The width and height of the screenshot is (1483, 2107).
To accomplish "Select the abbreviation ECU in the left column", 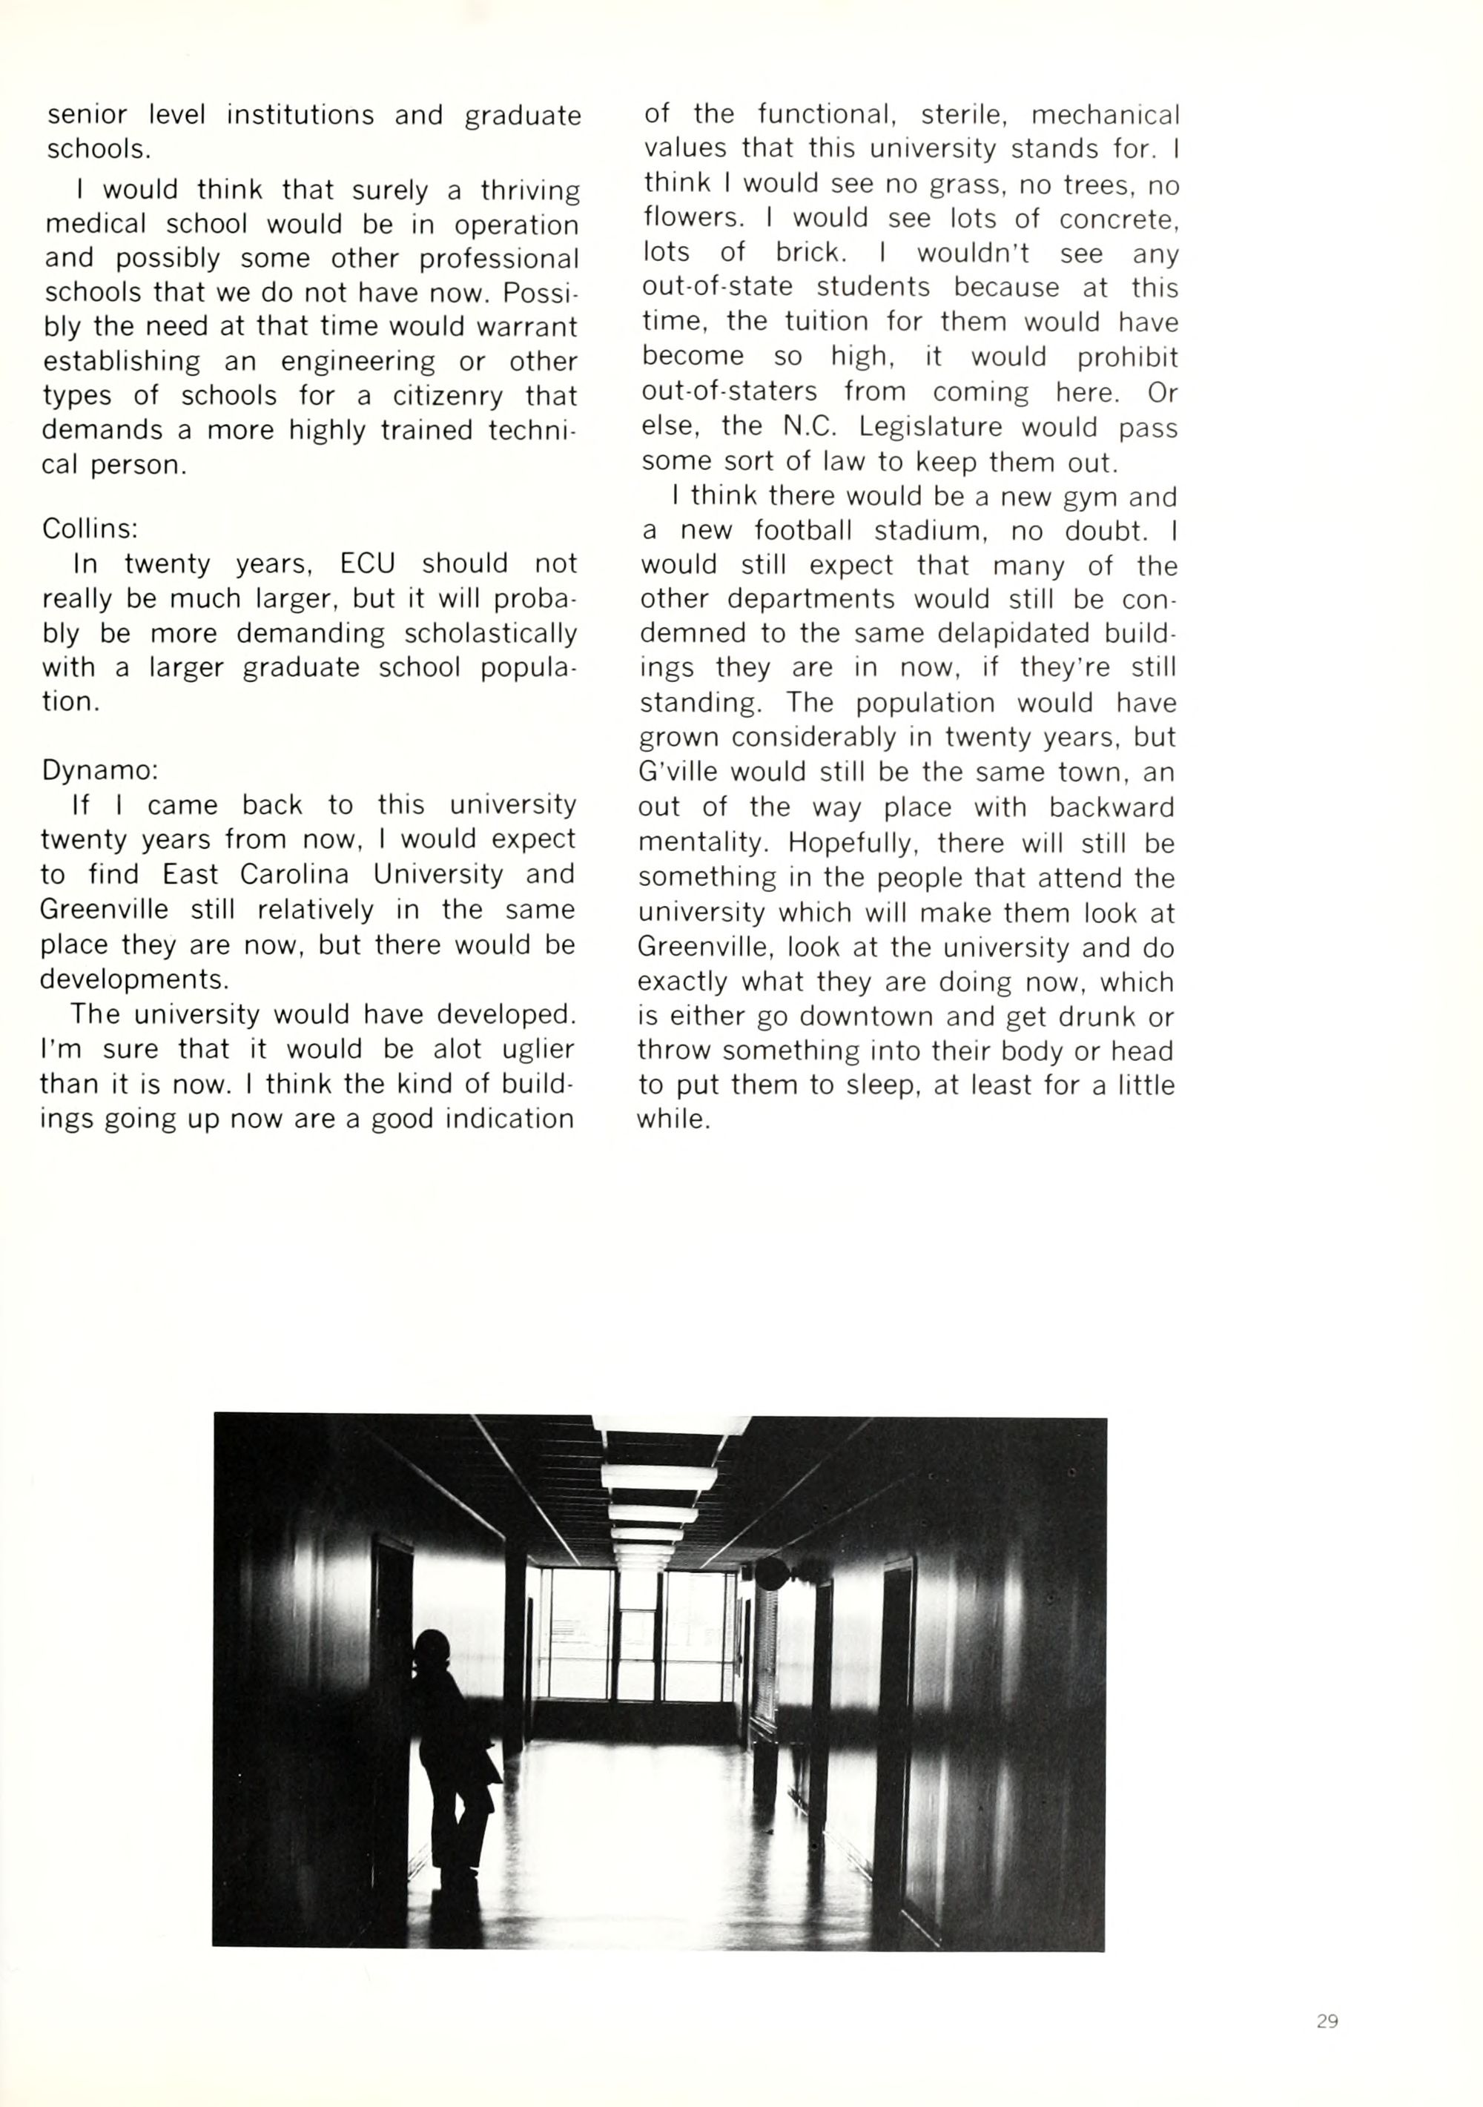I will tap(367, 563).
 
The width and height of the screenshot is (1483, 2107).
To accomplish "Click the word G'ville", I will tap(679, 773).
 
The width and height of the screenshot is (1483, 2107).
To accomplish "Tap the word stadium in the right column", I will tap(930, 532).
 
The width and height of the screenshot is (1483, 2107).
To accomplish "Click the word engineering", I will tap(358, 363).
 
